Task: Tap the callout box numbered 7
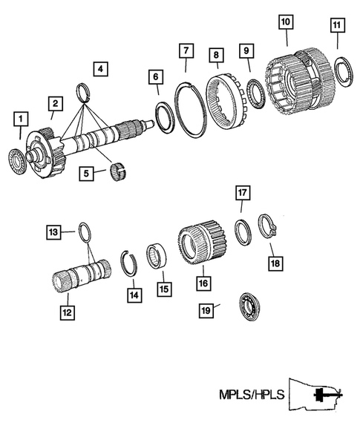185,50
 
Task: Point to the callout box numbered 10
286,22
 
